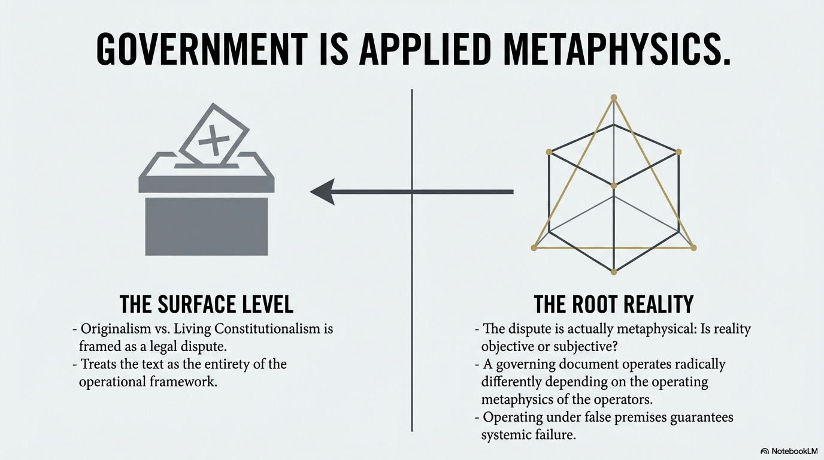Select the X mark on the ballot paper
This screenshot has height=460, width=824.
(x=214, y=140)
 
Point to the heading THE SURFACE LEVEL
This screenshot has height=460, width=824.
(x=207, y=304)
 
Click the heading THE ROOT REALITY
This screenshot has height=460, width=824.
(x=613, y=304)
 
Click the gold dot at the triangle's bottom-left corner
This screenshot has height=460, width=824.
(x=534, y=247)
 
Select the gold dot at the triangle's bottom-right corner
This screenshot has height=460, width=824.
(x=693, y=247)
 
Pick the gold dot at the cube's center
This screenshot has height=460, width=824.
(x=613, y=186)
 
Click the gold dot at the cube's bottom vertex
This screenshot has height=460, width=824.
(x=613, y=273)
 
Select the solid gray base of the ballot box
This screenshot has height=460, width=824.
(x=207, y=226)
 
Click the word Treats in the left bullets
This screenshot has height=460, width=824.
(x=99, y=364)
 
